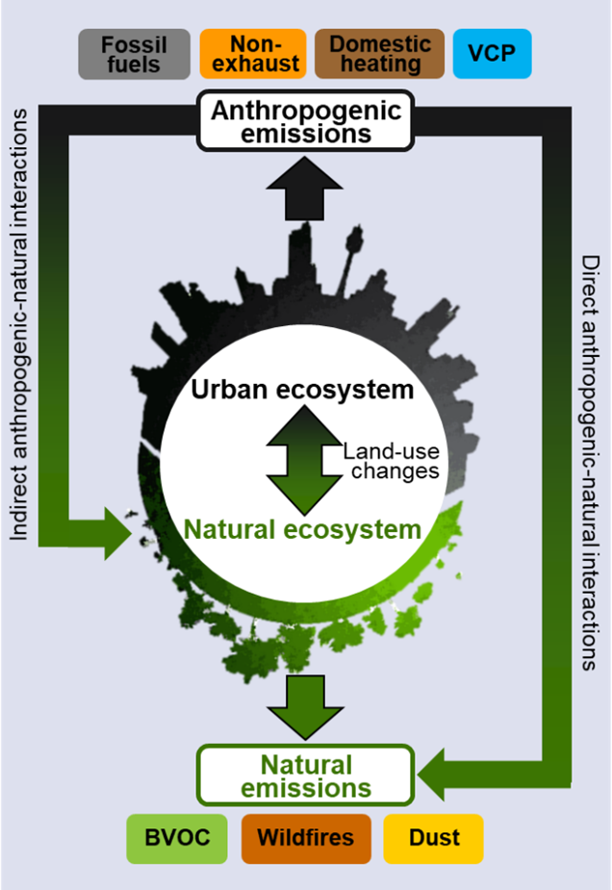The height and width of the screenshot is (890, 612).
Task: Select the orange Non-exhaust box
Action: point(253,55)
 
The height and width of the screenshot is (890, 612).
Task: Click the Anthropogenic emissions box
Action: point(305,121)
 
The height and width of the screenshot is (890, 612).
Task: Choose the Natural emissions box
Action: point(305,776)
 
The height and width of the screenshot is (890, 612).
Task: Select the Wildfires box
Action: point(305,838)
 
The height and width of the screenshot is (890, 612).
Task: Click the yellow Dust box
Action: point(433,838)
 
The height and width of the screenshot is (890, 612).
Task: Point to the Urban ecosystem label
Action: point(301,390)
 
